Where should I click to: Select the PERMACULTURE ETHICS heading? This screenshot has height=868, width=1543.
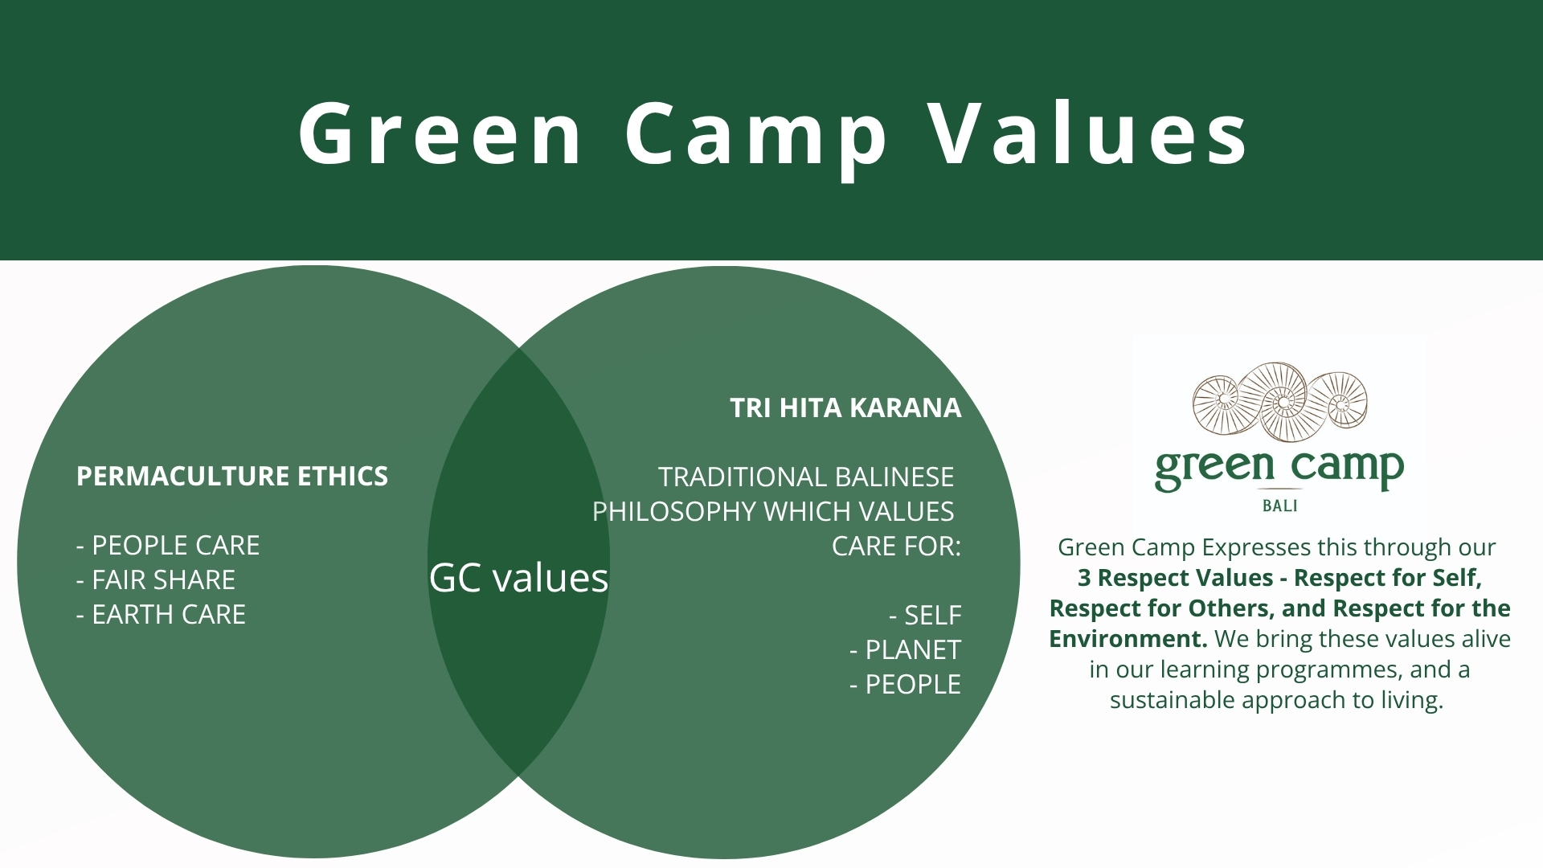(232, 476)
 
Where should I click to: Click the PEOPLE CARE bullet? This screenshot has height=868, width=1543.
(168, 545)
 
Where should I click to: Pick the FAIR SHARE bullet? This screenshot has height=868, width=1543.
(156, 579)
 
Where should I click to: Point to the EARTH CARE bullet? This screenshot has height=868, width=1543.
(161, 614)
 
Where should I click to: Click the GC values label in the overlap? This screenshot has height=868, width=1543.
(519, 577)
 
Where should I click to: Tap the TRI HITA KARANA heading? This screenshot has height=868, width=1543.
(845, 407)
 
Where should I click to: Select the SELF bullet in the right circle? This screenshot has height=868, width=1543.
(925, 615)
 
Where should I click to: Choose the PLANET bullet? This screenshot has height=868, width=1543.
(906, 649)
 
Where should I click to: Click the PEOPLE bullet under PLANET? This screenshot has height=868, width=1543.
(906, 684)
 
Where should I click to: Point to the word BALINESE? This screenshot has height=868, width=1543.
(894, 477)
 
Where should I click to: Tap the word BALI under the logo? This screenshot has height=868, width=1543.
(1280, 506)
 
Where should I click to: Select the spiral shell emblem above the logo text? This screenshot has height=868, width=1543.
(1280, 400)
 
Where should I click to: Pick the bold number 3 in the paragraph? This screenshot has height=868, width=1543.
(1084, 578)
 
